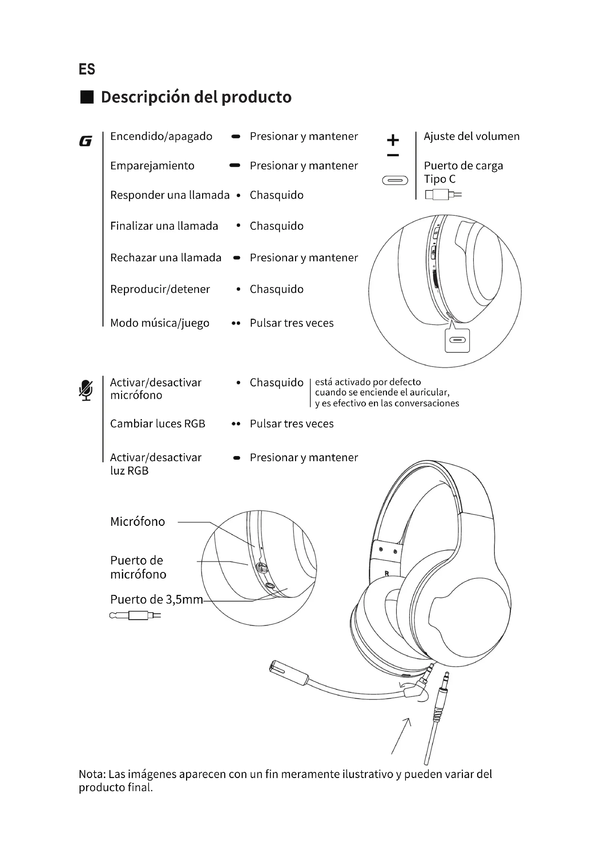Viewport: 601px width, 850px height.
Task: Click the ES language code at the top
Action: tap(87, 70)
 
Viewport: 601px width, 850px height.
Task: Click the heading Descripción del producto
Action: tap(196, 97)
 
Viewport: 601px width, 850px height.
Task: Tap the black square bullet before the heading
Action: tap(87, 97)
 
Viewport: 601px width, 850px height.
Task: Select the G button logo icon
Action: tap(85, 141)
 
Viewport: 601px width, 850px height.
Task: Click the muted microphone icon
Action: tap(86, 390)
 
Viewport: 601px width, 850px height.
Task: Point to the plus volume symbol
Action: tap(393, 140)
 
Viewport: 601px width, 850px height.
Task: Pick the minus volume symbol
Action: tap(393, 155)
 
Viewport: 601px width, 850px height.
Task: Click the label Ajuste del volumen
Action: tap(472, 136)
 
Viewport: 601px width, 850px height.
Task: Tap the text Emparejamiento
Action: tap(152, 165)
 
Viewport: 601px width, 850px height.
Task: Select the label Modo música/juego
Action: tap(160, 323)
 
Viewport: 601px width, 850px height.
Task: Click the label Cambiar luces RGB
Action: tap(158, 423)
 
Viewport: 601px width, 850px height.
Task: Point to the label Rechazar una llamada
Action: tap(165, 258)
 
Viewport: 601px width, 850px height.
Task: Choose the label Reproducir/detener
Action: tap(160, 289)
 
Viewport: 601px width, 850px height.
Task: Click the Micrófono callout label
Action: tap(138, 521)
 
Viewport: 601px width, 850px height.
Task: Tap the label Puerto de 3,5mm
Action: tap(157, 599)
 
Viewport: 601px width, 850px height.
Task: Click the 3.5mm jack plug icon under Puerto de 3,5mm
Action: tap(135, 616)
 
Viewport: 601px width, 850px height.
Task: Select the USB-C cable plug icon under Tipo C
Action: tap(443, 194)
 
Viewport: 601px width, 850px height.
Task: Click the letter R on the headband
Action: tap(387, 573)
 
